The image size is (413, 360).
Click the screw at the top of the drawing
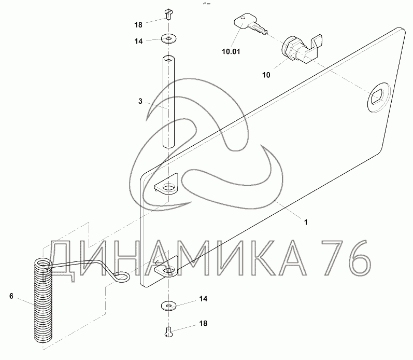coord(168,14)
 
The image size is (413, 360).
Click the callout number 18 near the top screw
coord(138,25)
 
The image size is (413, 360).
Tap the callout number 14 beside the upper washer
coord(138,41)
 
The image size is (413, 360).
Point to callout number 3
coord(140,101)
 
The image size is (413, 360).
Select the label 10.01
coord(231,51)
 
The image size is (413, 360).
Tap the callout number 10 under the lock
coord(266,75)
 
